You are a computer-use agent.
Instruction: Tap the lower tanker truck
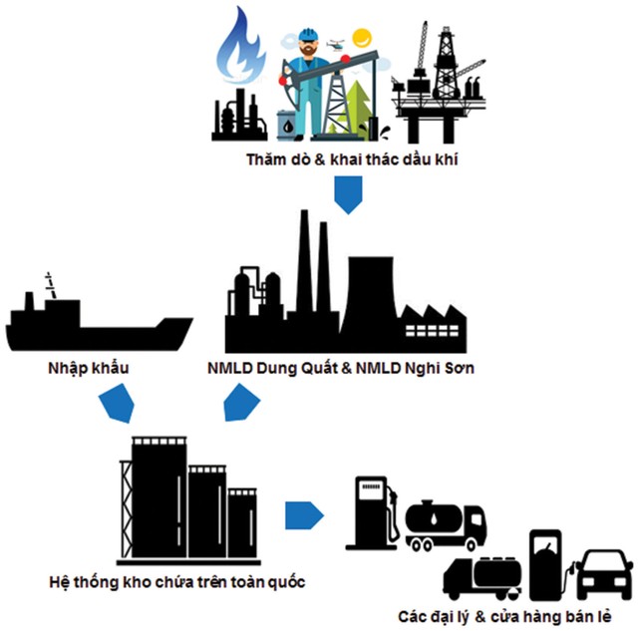(484, 578)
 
